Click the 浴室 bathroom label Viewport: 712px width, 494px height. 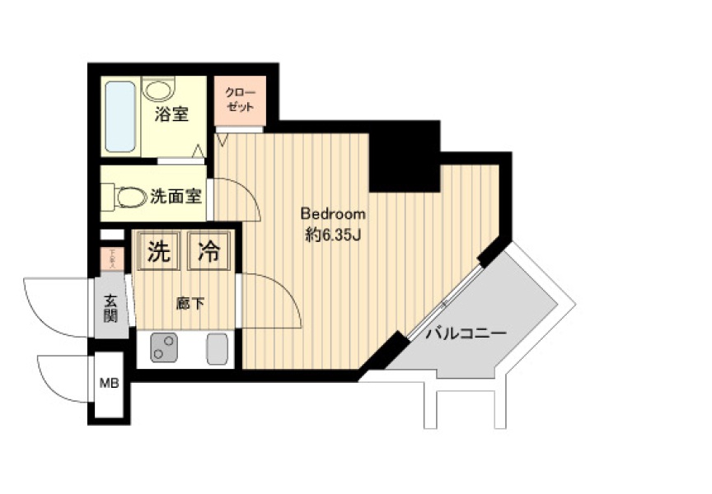pyautogui.click(x=172, y=114)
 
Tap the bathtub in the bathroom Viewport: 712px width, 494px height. pyautogui.click(x=120, y=116)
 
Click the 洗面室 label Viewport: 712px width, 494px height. pyautogui.click(x=176, y=197)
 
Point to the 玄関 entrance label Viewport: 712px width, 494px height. pyautogui.click(x=110, y=309)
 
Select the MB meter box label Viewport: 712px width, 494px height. pyautogui.click(x=109, y=384)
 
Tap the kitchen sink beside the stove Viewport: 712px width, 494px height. pyautogui.click(x=218, y=349)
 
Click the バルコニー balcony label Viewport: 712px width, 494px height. pyautogui.click(x=466, y=333)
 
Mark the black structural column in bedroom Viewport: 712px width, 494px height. pyautogui.click(x=403, y=156)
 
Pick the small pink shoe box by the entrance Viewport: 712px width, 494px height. pyautogui.click(x=110, y=259)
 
